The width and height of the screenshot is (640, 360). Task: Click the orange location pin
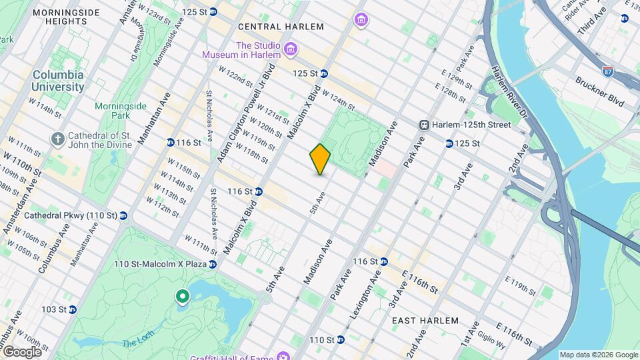pyautogui.click(x=321, y=159)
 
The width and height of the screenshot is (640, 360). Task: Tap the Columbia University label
pyautogui.click(x=58, y=81)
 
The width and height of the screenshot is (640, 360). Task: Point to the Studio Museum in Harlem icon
pyautogui.click(x=291, y=49)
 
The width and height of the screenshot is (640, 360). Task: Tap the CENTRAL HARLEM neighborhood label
pyautogui.click(x=281, y=27)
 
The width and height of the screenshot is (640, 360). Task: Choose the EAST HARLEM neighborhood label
pyautogui.click(x=425, y=321)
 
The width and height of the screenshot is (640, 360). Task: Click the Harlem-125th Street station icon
pyautogui.click(x=424, y=125)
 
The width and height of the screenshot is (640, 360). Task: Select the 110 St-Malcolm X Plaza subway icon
pyautogui.click(x=212, y=265)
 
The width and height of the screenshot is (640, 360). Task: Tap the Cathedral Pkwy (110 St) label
pyautogui.click(x=71, y=216)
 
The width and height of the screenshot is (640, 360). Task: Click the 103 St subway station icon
pyautogui.click(x=73, y=309)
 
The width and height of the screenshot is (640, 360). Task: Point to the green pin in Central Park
pyautogui.click(x=181, y=297)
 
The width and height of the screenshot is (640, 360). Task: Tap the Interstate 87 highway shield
pyautogui.click(x=607, y=70)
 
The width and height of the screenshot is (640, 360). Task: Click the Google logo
pyautogui.click(x=21, y=351)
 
